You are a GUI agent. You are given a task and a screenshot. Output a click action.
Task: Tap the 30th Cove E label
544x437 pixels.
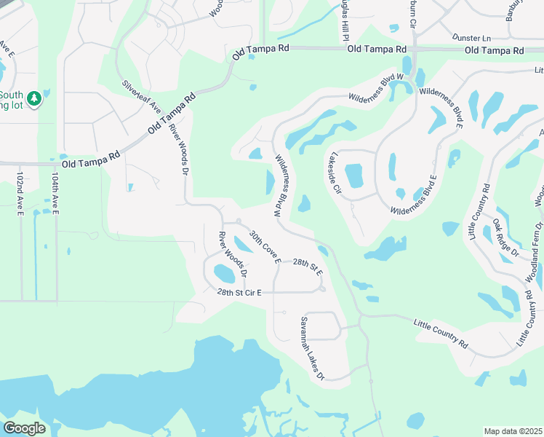pyautogui.click(x=263, y=248)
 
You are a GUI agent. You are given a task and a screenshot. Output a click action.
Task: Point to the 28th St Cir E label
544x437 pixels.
pyautogui.click(x=239, y=292)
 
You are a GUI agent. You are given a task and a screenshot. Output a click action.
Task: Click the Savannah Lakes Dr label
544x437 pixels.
pyautogui.click(x=313, y=348)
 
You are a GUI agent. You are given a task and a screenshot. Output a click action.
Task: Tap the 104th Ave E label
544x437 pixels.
pyautogui.click(x=55, y=193)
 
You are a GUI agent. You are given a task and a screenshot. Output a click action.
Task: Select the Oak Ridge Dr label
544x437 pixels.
pyautogui.click(x=505, y=238)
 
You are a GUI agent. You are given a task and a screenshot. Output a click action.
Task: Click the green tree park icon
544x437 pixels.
pyautogui.click(x=33, y=98)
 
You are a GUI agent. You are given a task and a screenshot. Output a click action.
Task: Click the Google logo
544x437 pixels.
pyautogui.click(x=24, y=428)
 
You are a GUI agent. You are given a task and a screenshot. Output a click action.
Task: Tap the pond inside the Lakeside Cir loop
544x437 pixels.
pyautogui.click(x=353, y=176)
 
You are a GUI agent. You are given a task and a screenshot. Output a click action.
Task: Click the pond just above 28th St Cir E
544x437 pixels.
pyautogui.click(x=224, y=274)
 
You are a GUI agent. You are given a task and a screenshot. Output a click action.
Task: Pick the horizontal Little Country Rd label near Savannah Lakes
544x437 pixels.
pyautogui.click(x=441, y=334)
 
